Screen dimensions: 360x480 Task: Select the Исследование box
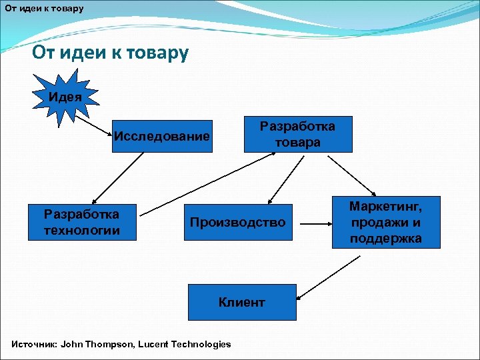click(162, 137)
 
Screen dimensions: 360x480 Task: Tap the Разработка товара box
click(297, 134)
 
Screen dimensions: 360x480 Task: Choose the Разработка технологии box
click(81, 222)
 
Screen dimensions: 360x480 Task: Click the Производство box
click(237, 222)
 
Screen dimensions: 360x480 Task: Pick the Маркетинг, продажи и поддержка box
click(386, 221)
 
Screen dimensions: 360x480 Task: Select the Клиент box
click(241, 302)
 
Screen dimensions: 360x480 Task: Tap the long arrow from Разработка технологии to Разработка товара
click(208, 183)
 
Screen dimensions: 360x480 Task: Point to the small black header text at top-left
click(44, 9)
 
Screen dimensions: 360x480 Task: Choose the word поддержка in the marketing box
click(386, 238)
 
